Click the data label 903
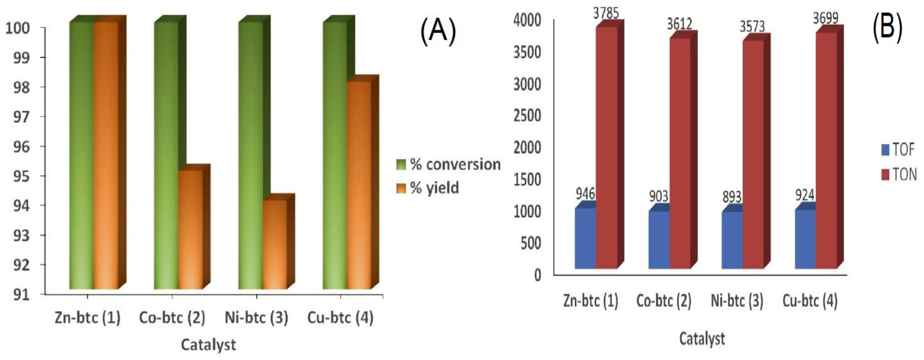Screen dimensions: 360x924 point(658,196)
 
